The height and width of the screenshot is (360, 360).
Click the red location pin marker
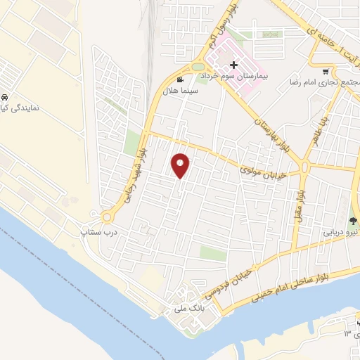[x=181, y=165]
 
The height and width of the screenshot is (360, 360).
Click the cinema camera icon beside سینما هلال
[x=181, y=79]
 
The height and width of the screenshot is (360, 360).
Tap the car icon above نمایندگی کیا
[x=6, y=97]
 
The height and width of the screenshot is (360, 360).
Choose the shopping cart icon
[x=325, y=72]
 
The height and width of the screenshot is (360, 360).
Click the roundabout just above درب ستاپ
[x=108, y=217]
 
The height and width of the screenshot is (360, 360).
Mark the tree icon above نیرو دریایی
[x=353, y=220]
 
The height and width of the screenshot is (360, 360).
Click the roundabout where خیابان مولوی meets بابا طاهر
[x=304, y=167]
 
